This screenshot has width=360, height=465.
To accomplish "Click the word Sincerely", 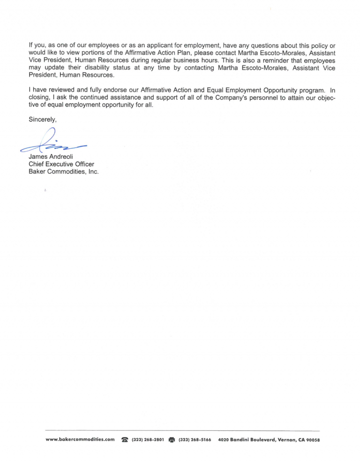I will (x=42, y=120).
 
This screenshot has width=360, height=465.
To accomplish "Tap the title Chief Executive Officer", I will (x=61, y=164).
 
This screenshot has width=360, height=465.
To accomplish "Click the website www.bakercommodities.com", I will (x=81, y=440).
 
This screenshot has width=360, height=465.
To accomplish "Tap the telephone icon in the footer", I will (x=125, y=440).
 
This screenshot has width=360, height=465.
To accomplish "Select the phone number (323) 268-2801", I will (x=148, y=440).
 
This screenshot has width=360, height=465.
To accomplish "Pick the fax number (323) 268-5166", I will (x=195, y=440).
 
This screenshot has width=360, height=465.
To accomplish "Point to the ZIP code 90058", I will (x=313, y=440).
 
